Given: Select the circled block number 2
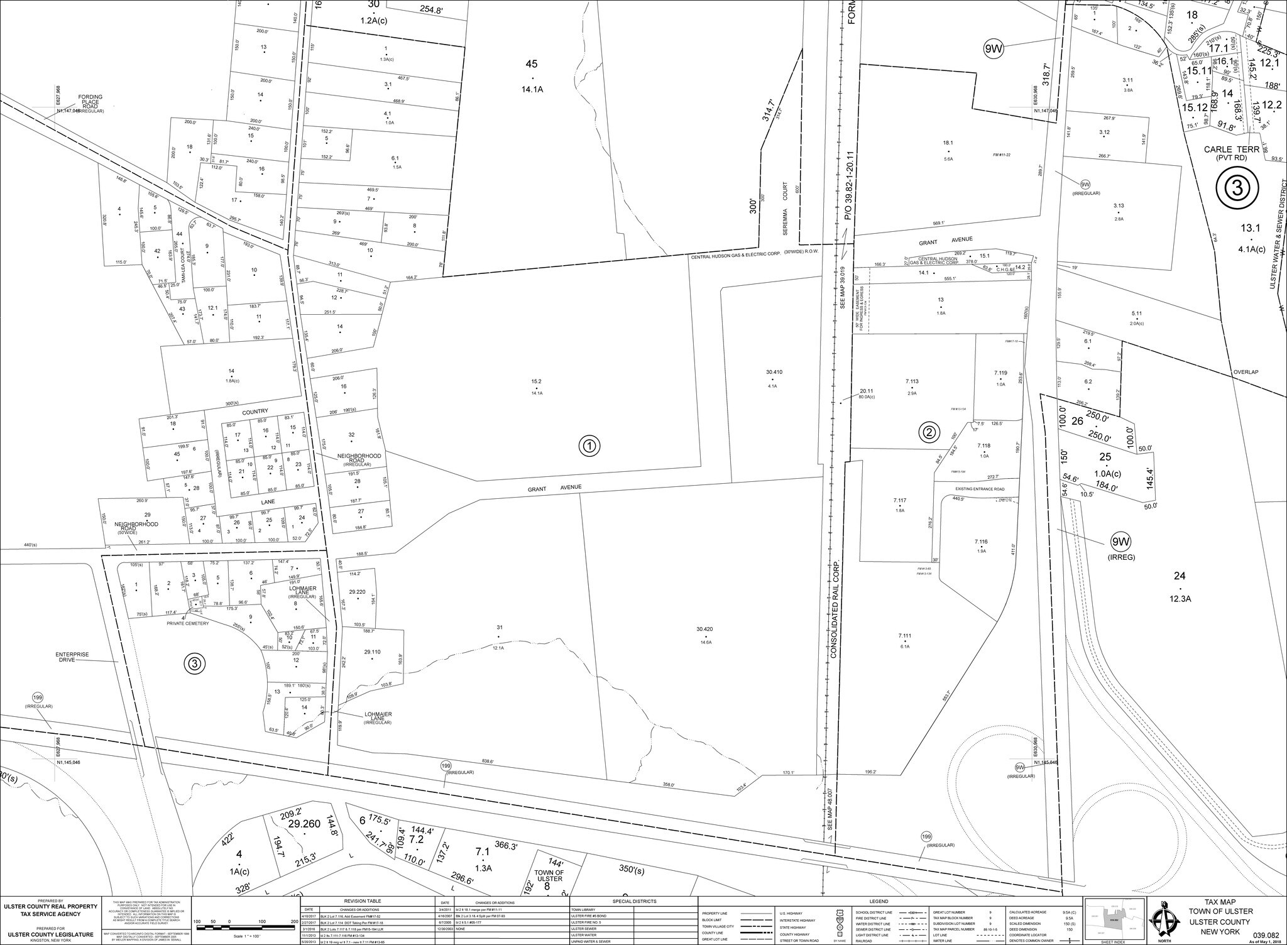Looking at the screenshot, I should [x=929, y=432].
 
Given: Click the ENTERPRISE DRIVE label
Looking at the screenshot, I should [x=72, y=657].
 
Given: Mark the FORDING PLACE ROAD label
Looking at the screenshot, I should [x=90, y=102].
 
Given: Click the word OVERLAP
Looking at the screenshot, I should [x=1245, y=372].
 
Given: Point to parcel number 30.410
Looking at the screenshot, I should [x=774, y=372].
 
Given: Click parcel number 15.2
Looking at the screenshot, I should [x=536, y=381].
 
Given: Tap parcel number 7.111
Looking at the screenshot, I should [x=904, y=636].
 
